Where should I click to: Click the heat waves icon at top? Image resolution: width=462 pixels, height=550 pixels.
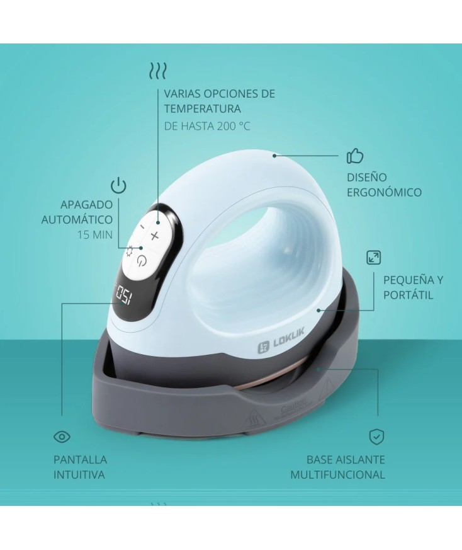click(x=157, y=70)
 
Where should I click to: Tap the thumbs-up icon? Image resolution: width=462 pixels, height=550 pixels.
click(x=356, y=156)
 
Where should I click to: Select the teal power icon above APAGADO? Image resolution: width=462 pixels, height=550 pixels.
click(x=118, y=185)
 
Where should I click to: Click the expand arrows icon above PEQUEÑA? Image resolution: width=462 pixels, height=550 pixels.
click(x=373, y=257)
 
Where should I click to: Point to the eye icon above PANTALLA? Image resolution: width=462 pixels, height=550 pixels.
click(x=62, y=436)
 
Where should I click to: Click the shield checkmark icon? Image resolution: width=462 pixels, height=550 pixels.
click(x=376, y=436)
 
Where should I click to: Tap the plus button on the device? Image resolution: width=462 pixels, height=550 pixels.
click(x=155, y=235)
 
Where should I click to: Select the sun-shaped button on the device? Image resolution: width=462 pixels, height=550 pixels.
click(x=130, y=251)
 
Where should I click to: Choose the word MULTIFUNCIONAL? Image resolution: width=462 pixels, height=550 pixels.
click(x=337, y=474)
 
